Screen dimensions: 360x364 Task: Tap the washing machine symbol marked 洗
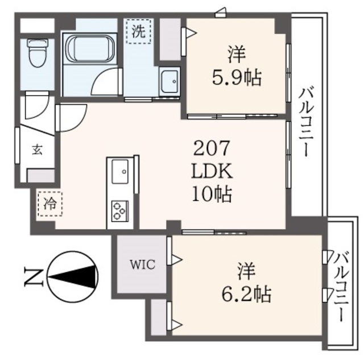pos(138,32)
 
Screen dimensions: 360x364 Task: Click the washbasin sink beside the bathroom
pos(169,84)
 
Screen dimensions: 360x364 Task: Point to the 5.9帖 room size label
pos(237,78)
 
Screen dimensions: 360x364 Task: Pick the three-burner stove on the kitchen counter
pos(119,210)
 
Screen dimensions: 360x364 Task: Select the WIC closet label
pos(141,264)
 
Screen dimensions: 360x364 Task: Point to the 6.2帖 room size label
pos(246,294)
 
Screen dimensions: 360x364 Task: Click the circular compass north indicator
pos(73,277)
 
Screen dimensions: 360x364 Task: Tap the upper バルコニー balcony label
pos(309,122)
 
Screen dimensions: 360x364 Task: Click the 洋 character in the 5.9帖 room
pos(237,55)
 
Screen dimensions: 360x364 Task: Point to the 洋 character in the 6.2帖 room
pos(246,269)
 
